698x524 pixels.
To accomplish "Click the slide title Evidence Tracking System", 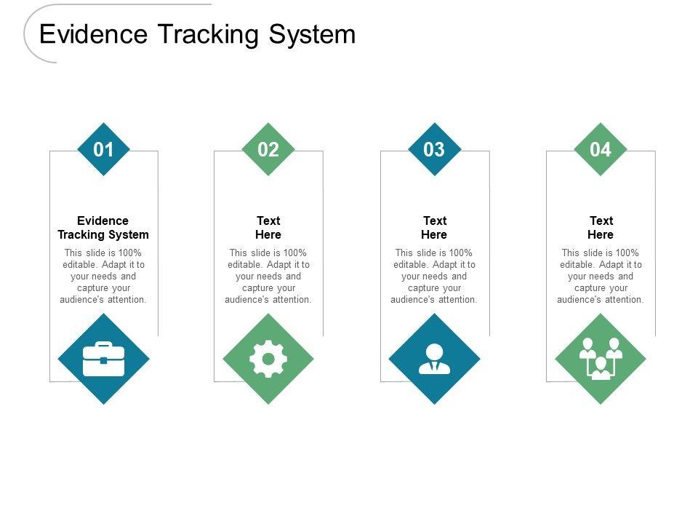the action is pyautogui.click(x=197, y=34).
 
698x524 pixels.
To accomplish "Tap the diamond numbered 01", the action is pyautogui.click(x=103, y=150).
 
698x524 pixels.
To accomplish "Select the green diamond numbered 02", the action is pyautogui.click(x=268, y=150).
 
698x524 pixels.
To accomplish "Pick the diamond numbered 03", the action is pyautogui.click(x=434, y=150).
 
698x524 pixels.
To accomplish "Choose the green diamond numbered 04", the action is pyautogui.click(x=601, y=150).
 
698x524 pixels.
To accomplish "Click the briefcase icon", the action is pyautogui.click(x=103, y=359).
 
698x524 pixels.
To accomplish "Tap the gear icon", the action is pyautogui.click(x=268, y=359).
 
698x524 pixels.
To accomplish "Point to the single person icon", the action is pyautogui.click(x=434, y=359).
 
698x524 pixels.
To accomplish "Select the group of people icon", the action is pyautogui.click(x=601, y=359).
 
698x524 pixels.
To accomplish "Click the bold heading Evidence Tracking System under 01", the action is pyautogui.click(x=103, y=228).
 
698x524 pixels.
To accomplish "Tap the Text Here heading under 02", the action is pyautogui.click(x=268, y=228).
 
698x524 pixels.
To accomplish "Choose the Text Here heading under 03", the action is pyautogui.click(x=434, y=228).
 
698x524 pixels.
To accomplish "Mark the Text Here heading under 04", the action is pyautogui.click(x=601, y=228).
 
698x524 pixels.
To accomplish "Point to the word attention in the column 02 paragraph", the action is pyautogui.click(x=292, y=300).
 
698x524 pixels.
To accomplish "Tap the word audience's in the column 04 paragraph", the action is pyautogui.click(x=579, y=300).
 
